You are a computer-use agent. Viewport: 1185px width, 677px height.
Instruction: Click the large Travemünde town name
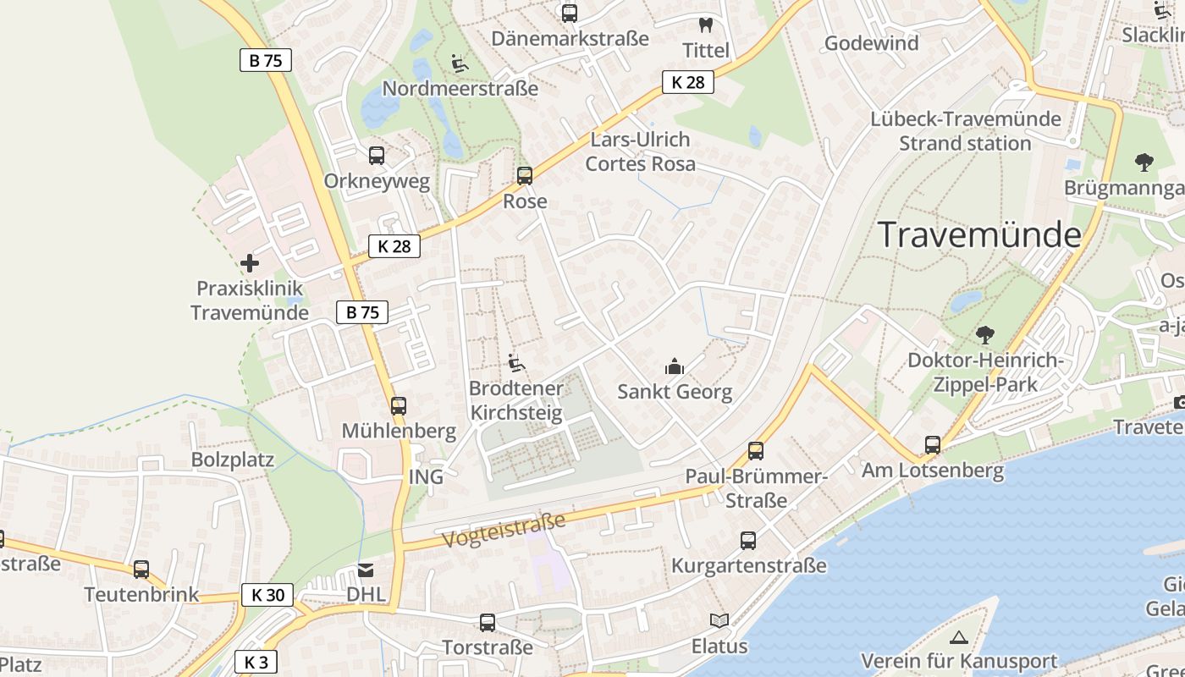[x=979, y=234]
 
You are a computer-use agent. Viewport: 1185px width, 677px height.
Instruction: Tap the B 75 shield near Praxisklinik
[x=362, y=312]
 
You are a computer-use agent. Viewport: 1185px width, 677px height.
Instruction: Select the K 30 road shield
[x=267, y=595]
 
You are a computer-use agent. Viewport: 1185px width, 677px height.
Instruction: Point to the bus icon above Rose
[x=525, y=176]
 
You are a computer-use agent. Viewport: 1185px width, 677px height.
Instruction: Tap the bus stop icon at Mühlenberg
[x=399, y=406]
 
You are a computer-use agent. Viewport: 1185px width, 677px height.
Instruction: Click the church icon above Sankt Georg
[x=675, y=366]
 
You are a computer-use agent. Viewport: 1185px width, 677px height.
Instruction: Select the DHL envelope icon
[x=366, y=570]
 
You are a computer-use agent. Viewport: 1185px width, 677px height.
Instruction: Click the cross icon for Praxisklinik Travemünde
[x=250, y=263]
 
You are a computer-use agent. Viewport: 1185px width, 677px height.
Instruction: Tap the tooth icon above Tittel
[x=705, y=25]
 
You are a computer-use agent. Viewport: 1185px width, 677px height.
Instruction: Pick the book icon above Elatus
[x=719, y=621]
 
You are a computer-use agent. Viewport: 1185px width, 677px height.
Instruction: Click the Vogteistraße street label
[x=503, y=530]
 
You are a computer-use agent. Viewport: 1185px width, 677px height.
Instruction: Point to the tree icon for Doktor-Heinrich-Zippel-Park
[x=984, y=335]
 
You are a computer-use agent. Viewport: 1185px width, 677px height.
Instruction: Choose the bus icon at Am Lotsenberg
[x=933, y=445]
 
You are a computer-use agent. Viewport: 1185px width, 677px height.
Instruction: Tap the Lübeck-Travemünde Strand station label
[x=966, y=131]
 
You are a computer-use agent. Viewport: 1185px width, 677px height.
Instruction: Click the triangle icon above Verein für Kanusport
[x=958, y=637]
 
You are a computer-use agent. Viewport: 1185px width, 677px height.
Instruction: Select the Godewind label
[x=871, y=43]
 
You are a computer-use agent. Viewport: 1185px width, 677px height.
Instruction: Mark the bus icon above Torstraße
[x=488, y=623]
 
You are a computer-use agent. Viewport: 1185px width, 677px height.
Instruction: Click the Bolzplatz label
[x=233, y=460]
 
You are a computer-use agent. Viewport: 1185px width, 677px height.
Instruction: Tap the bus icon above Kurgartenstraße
[x=748, y=541]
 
